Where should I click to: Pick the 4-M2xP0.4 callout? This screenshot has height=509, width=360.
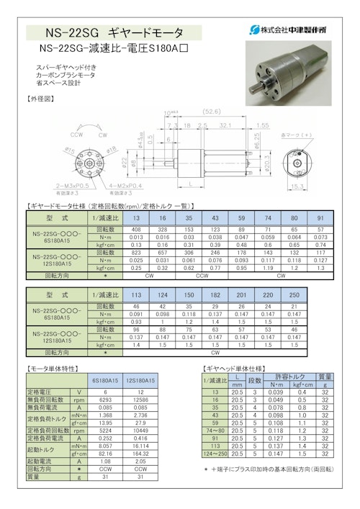point(126,186)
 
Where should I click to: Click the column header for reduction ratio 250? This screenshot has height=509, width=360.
point(294,295)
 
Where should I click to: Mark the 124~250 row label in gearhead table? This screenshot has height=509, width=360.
point(215,454)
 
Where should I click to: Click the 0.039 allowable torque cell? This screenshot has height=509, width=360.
point(276,392)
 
